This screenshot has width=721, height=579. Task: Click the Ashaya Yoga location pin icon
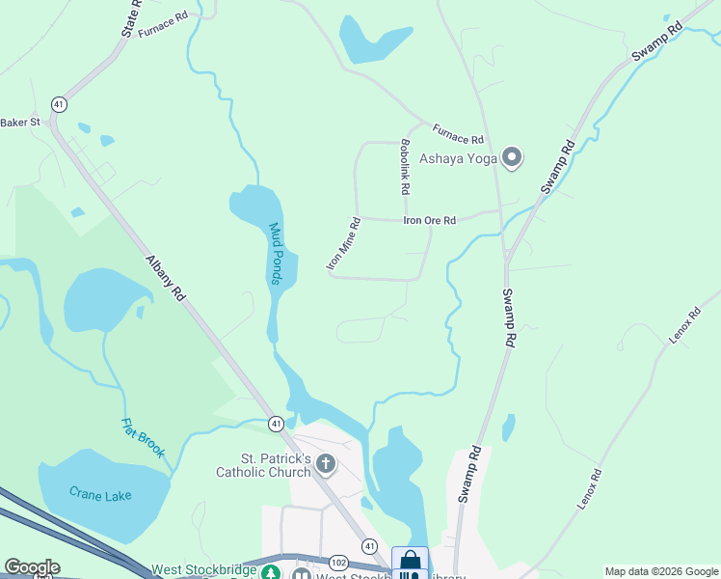[x=512, y=156]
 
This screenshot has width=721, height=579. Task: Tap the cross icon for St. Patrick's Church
[x=326, y=464]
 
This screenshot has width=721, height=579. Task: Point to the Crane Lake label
[x=100, y=494]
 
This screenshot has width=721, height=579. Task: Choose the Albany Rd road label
[x=165, y=279]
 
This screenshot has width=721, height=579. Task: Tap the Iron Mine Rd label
[x=342, y=242]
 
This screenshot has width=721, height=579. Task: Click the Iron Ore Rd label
[x=429, y=220]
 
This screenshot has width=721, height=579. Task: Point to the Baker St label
[x=20, y=123]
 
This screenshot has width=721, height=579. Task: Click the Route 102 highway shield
[x=338, y=562]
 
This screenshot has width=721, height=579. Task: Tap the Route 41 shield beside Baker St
[x=60, y=103]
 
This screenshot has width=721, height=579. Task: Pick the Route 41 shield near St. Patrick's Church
[x=277, y=423]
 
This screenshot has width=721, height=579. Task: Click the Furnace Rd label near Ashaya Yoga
[x=457, y=133]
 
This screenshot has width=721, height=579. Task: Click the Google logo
[x=32, y=567]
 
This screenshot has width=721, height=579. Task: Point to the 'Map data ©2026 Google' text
[x=660, y=571]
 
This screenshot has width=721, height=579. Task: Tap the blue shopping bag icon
[x=410, y=560]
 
